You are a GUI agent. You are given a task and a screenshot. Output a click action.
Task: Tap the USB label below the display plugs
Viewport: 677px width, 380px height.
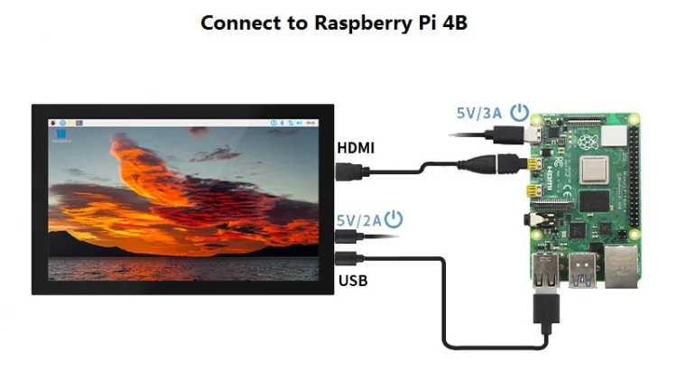click(x=353, y=281)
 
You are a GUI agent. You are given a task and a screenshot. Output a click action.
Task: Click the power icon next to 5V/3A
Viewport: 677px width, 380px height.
click(x=519, y=112)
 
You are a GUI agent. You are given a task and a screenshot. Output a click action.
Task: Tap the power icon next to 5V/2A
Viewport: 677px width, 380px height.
click(x=394, y=218)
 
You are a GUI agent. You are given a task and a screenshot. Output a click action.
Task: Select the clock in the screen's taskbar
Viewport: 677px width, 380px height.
click(x=311, y=122)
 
